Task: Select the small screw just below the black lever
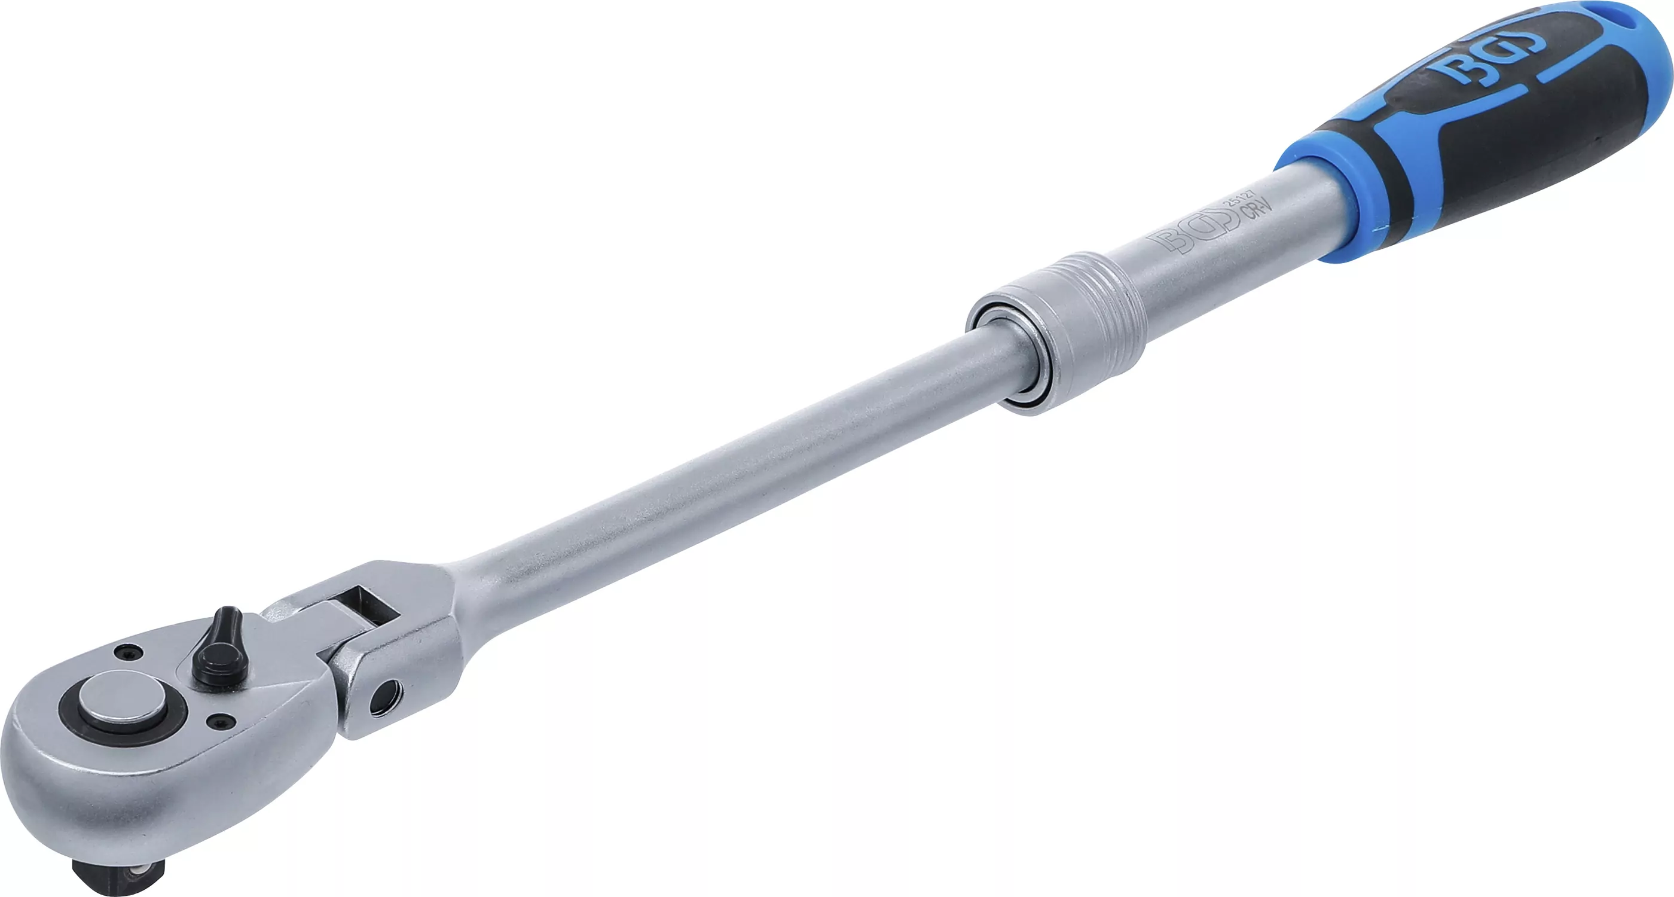click(218, 719)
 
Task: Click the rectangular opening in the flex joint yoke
click(371, 604)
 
